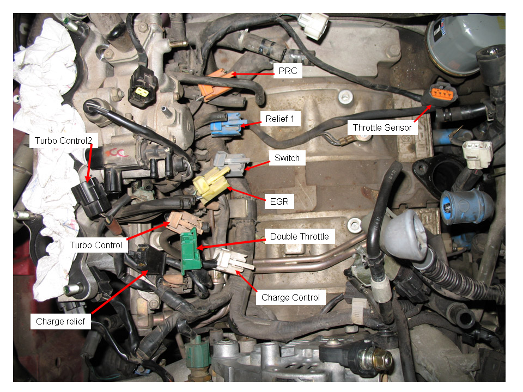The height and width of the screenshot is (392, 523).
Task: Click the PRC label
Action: (x=288, y=71)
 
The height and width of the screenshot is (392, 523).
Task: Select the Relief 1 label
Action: (x=280, y=119)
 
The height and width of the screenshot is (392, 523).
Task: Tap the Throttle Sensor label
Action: (x=382, y=127)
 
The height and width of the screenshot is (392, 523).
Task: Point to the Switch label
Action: (x=287, y=158)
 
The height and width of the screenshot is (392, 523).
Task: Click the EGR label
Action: (x=279, y=201)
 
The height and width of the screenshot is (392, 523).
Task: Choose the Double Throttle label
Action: (x=299, y=236)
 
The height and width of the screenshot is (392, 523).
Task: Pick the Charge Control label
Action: (x=290, y=297)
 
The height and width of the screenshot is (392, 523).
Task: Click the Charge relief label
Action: (x=60, y=321)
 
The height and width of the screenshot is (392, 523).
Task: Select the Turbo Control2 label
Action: (x=63, y=140)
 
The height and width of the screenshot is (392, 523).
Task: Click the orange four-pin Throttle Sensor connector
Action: (x=442, y=94)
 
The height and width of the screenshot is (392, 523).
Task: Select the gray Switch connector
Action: (x=231, y=163)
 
